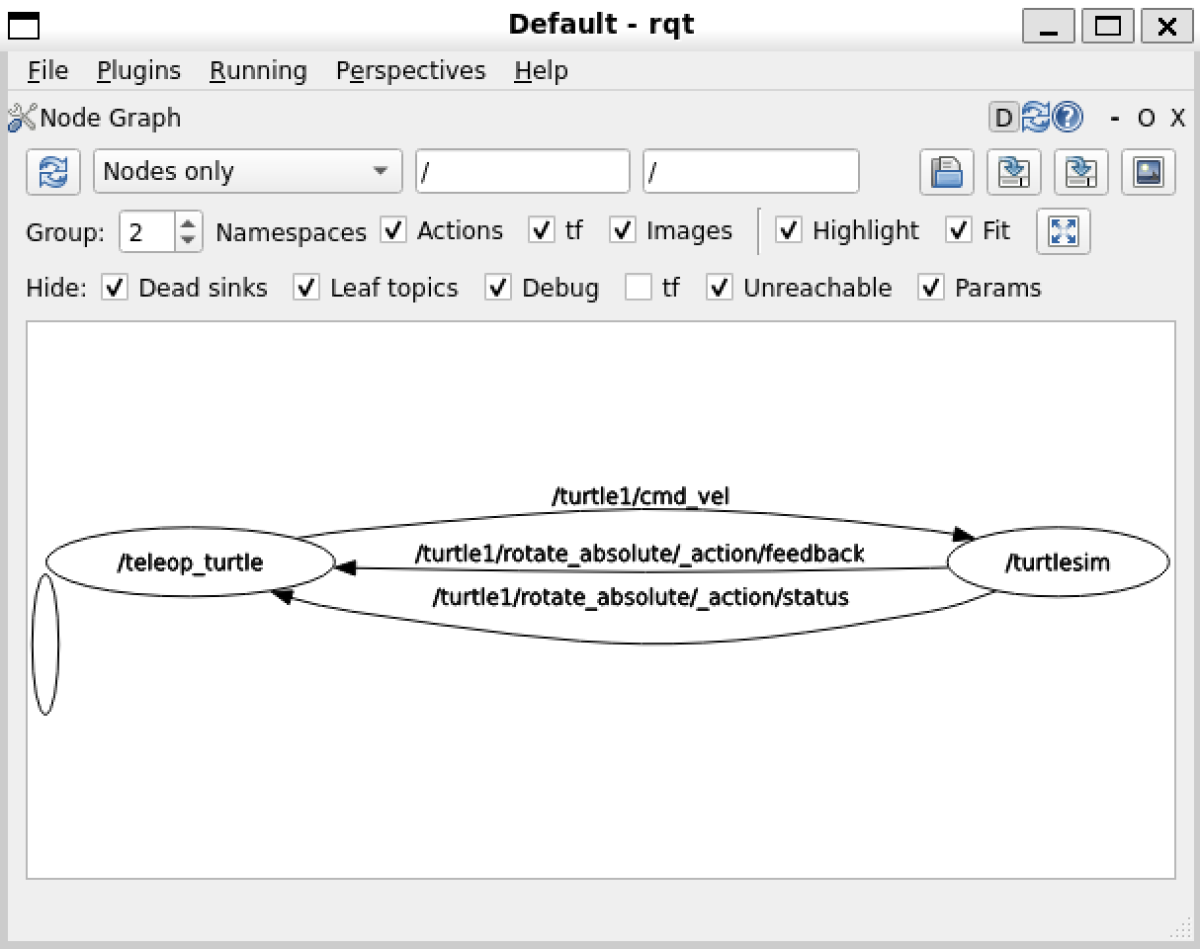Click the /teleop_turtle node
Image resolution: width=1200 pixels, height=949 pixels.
[x=190, y=563]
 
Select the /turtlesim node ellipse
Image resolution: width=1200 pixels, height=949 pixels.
[x=1058, y=563]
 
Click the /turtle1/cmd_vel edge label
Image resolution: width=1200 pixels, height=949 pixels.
[x=641, y=496]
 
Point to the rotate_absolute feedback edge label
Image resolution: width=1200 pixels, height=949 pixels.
[x=640, y=554]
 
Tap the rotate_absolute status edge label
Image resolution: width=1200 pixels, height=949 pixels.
[x=641, y=597]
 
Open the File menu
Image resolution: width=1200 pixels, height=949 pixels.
[x=47, y=71]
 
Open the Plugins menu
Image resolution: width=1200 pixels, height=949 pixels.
[x=138, y=71]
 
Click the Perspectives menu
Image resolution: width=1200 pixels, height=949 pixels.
[x=410, y=71]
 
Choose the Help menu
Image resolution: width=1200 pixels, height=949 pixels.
[x=541, y=71]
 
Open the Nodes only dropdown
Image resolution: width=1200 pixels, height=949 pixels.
[x=247, y=171]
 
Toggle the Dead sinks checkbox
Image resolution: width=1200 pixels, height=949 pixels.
[x=116, y=288]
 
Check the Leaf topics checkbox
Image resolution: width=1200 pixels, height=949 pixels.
[x=307, y=288]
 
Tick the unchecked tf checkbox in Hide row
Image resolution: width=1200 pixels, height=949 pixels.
[x=639, y=288]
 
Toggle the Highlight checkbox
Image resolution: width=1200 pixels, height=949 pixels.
[x=788, y=230]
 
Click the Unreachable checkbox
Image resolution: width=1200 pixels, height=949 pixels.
[x=720, y=288]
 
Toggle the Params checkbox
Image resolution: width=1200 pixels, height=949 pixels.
[x=931, y=288]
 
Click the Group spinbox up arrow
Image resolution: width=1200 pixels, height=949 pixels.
[x=188, y=223]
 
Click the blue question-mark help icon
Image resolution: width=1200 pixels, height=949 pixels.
[x=1068, y=118]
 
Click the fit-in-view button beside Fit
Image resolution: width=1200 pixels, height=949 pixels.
[x=1063, y=231]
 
